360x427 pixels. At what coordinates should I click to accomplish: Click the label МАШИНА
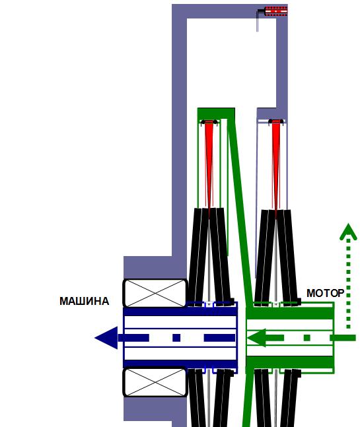[x=84, y=301]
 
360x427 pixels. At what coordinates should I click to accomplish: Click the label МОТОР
[x=326, y=293]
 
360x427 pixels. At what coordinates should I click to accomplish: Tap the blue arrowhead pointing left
[x=106, y=338]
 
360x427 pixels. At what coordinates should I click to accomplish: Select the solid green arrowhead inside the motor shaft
[x=256, y=338]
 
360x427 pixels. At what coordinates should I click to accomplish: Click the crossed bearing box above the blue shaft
[x=155, y=293]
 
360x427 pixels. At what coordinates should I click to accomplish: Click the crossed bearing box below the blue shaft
[x=155, y=382]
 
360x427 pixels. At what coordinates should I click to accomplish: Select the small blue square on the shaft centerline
[x=176, y=338]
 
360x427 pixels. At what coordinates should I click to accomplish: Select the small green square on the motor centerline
[x=307, y=338]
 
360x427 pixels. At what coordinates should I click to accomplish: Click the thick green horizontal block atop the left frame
[x=216, y=114]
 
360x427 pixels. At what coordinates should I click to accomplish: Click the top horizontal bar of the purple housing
[x=230, y=11]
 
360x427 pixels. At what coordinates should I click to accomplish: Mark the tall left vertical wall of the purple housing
[x=179, y=136]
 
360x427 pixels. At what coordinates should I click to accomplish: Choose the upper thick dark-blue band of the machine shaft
[x=180, y=312]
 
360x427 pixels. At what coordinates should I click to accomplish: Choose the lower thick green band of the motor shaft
[x=290, y=362]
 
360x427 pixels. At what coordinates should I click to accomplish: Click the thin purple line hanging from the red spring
[x=257, y=22]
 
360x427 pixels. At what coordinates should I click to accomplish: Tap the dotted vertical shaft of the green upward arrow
[x=348, y=284]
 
